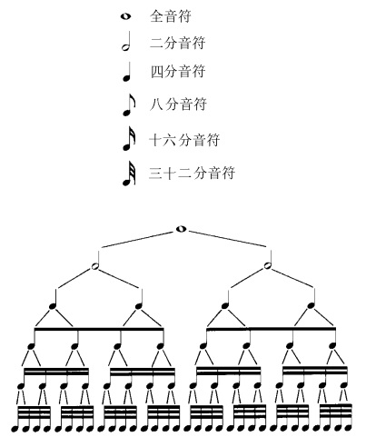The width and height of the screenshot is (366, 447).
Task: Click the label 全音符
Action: [x=171, y=16]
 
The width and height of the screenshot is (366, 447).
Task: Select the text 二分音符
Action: [x=178, y=43]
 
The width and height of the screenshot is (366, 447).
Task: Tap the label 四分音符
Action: [x=178, y=72]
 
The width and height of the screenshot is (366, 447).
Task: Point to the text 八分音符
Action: [x=178, y=104]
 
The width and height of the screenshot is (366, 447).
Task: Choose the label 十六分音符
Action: [x=184, y=140]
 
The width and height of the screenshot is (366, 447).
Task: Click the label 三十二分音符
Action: [x=192, y=173]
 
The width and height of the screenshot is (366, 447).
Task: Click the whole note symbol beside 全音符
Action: [x=125, y=16]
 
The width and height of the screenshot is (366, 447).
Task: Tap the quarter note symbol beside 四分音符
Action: [x=127, y=72]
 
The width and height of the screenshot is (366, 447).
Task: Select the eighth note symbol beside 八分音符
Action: [x=128, y=104]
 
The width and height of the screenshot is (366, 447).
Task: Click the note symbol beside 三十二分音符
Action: [x=129, y=173]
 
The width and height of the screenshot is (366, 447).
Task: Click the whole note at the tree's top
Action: [x=181, y=229]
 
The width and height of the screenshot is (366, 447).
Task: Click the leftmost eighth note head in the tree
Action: [x=31, y=346]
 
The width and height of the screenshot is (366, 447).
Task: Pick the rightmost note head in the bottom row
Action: [x=348, y=428]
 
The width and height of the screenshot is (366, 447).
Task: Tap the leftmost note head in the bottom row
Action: [x=15, y=428]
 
